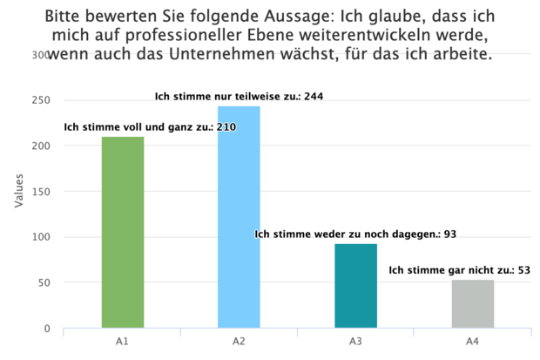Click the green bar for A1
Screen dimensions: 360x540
tap(123, 233)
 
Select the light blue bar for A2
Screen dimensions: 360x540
tap(239, 217)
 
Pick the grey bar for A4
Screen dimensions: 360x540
tap(472, 304)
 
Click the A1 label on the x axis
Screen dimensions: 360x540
tap(123, 341)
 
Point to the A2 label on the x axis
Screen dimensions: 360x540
tap(239, 341)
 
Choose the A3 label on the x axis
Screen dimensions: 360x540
tap(355, 341)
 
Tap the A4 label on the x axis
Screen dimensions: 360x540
tap(472, 341)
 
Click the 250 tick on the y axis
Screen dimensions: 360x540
tap(42, 100)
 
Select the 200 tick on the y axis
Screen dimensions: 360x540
tap(42, 146)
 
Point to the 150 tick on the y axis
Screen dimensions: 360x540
tap(42, 192)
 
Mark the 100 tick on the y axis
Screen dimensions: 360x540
tap(42, 237)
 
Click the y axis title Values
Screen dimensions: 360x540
tap(18, 192)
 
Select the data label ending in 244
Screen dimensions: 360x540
tap(239, 96)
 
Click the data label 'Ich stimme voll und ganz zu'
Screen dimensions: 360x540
tap(150, 127)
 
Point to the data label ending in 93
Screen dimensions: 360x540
tap(355, 234)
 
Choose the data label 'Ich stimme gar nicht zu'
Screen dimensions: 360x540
tap(458, 270)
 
